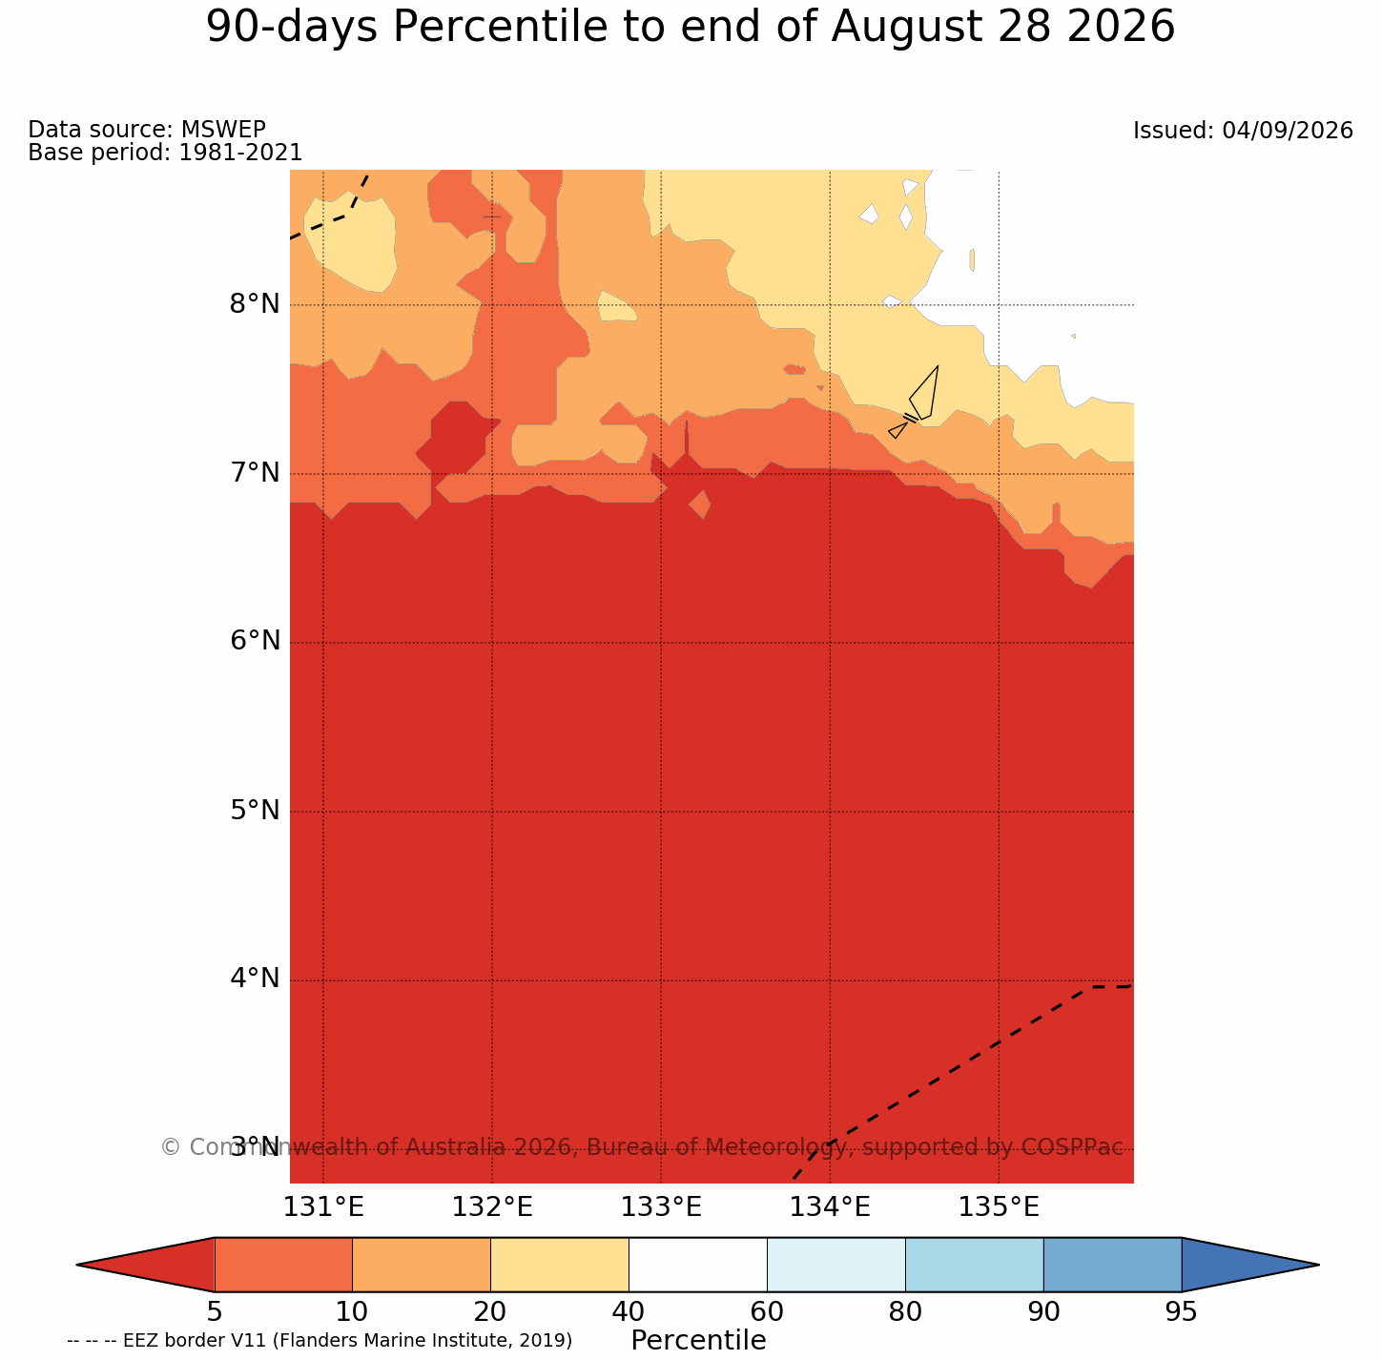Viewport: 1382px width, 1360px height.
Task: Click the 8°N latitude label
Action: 254,304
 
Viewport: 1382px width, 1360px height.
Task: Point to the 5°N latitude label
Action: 254,811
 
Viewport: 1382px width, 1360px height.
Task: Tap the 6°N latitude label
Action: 254,641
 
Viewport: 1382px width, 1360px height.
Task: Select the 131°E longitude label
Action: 323,1208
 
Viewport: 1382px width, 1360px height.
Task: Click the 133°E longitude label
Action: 661,1208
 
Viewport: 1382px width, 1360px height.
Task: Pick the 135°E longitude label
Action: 999,1208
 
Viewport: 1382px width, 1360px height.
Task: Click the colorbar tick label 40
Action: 629,1312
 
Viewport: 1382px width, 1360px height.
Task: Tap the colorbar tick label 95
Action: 1181,1312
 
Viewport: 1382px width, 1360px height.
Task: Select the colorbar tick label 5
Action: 215,1312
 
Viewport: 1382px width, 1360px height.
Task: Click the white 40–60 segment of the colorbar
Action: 698,1265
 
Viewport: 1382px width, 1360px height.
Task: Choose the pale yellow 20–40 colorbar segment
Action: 560,1265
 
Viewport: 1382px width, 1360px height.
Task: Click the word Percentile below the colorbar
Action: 698,1341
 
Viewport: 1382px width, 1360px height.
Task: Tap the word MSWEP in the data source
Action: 223,129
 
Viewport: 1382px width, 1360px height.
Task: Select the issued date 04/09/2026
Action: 1288,131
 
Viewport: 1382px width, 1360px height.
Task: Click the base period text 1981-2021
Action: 240,152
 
